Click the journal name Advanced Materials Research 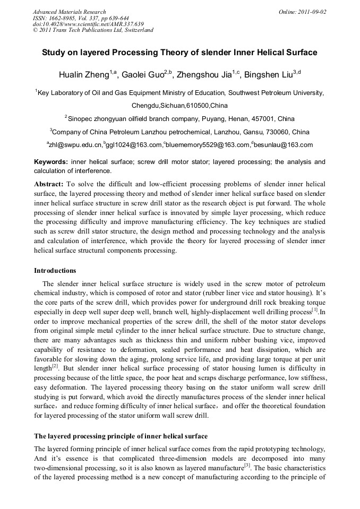tap(69, 12)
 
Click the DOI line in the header tap(88, 24)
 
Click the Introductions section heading tap(55, 271)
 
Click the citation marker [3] tap(247, 465)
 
